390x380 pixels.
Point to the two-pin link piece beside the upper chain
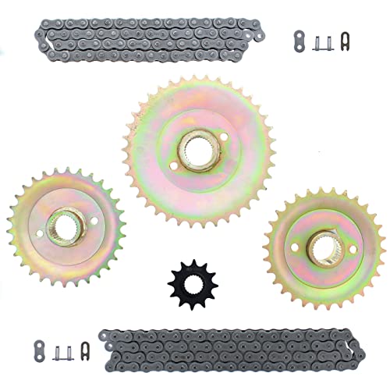(x=317, y=41)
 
